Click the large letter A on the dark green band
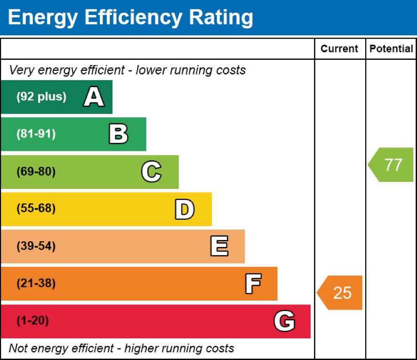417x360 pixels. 94,97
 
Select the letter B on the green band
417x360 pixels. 118,134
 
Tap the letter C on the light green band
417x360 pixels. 151,172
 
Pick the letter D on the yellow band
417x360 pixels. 184,209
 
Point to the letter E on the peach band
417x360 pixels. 219,246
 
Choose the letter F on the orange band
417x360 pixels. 253,284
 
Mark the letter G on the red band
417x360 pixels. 284,321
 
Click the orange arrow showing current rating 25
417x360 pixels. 340,293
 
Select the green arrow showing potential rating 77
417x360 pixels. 391,165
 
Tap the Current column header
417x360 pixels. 339,49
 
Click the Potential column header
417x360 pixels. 391,49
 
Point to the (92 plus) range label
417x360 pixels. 41,97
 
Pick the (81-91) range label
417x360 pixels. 36,134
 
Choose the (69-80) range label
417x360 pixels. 36,172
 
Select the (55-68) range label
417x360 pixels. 36,209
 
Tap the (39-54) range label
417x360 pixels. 36,246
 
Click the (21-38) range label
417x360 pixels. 36,284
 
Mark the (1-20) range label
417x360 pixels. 32,321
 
